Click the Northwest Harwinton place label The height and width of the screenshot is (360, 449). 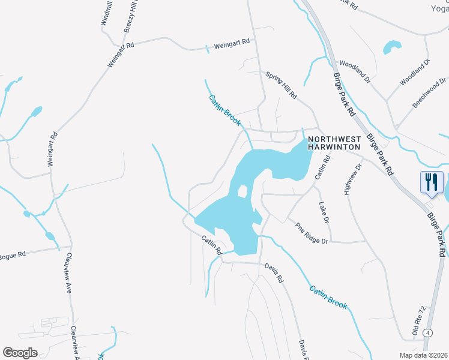click(x=334, y=142)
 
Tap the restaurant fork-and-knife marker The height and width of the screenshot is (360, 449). click(x=432, y=182)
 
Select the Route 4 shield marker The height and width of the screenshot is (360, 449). click(x=427, y=332)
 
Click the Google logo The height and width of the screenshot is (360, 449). click(x=20, y=353)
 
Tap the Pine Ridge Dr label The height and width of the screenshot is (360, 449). click(x=312, y=233)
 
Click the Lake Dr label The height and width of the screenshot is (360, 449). click(x=324, y=212)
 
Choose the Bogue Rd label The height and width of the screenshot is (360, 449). click(x=13, y=254)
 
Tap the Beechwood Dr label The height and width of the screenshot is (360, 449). click(x=429, y=92)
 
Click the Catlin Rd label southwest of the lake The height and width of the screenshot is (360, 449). click(x=212, y=245)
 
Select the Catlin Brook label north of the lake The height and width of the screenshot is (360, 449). click(x=224, y=110)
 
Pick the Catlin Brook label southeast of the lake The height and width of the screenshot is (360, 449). click(x=328, y=297)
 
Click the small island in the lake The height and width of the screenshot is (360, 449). click(x=243, y=192)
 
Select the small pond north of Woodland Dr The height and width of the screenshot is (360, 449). click(x=391, y=47)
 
